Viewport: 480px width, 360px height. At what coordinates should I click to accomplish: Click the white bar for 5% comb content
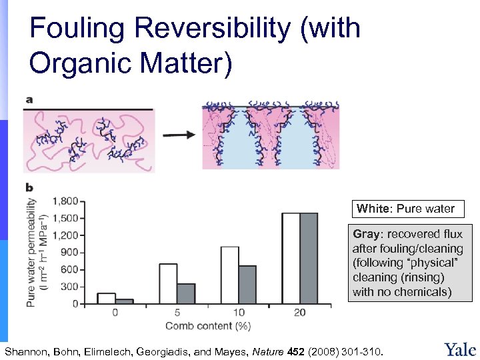tap(168, 284)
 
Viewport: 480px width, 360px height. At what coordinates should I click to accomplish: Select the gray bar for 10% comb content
tap(247, 285)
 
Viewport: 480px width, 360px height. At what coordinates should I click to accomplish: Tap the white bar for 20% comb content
tap(291, 259)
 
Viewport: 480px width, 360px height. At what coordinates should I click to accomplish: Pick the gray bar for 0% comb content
tap(124, 301)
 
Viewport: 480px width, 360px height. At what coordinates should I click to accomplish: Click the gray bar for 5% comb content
tap(186, 294)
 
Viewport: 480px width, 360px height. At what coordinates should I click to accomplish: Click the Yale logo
tap(459, 349)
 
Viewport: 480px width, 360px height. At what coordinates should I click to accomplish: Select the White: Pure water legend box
tap(405, 209)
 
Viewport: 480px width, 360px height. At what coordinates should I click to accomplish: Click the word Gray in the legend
tap(365, 234)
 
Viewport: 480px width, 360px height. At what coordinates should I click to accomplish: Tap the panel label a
tap(29, 100)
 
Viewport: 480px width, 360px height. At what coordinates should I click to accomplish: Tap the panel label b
tap(29, 189)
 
